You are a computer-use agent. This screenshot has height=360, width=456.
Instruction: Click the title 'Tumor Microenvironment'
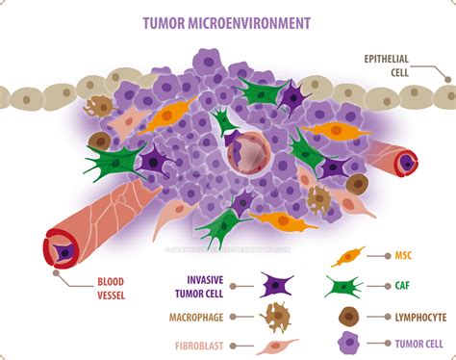[228, 20]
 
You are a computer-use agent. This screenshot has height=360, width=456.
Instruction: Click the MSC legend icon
[347, 257]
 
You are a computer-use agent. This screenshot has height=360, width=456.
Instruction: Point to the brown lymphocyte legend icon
[348, 315]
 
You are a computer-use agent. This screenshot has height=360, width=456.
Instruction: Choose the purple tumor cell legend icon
[348, 342]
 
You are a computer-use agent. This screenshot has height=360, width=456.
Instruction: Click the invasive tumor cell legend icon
[277, 284]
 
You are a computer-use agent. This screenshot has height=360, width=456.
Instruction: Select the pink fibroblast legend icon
[277, 346]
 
